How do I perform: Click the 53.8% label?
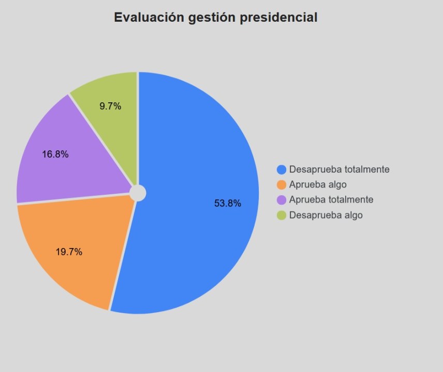(x=228, y=204)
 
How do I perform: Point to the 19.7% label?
(x=69, y=252)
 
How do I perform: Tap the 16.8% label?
(x=55, y=154)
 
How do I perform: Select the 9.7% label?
(x=110, y=106)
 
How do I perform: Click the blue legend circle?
(x=282, y=169)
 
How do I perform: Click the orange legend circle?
(x=282, y=184)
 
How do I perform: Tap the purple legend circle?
(x=282, y=200)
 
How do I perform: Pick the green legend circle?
(x=282, y=215)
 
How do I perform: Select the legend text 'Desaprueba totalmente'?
(x=339, y=169)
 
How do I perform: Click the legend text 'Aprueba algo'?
(x=318, y=184)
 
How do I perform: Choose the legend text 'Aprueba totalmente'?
(x=331, y=200)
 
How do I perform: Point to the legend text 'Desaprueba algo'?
(x=326, y=215)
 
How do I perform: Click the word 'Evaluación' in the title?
(x=149, y=18)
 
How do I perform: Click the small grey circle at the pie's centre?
(x=138, y=193)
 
